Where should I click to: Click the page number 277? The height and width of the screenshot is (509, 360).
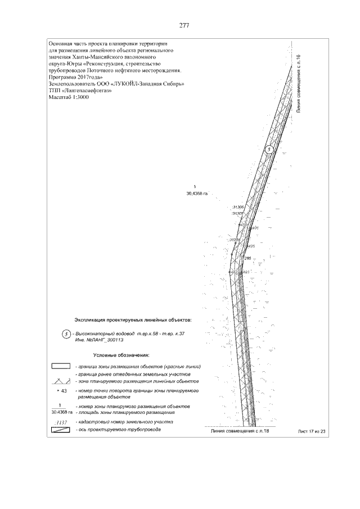coord(183,26)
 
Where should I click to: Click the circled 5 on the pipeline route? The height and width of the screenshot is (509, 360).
coord(269,149)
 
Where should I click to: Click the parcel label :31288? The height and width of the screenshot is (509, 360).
coord(234,240)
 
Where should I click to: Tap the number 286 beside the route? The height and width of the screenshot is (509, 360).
coord(247,258)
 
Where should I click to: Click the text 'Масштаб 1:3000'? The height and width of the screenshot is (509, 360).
coord(69,97)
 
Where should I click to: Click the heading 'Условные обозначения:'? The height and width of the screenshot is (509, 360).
coord(120,355)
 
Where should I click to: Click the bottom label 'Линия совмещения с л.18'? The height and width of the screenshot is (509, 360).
coord(236,431)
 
